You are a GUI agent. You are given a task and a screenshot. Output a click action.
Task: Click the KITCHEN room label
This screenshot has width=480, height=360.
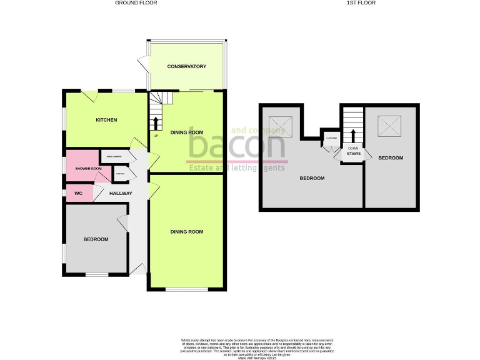(x=106, y=120)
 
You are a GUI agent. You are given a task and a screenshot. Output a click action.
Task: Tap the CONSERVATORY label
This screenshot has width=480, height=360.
(x=186, y=66)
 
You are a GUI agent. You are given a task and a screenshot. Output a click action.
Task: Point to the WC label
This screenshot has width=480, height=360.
(x=79, y=194)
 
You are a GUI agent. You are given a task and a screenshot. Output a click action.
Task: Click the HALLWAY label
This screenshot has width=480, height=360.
(x=121, y=194)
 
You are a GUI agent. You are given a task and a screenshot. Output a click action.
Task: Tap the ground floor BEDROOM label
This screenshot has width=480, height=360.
(x=96, y=239)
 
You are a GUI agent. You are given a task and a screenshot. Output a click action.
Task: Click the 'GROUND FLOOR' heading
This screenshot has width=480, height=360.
(x=136, y=3)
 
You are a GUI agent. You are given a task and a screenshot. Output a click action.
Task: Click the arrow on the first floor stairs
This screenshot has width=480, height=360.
(x=353, y=136)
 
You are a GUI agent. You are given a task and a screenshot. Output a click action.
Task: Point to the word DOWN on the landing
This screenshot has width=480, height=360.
(x=353, y=147)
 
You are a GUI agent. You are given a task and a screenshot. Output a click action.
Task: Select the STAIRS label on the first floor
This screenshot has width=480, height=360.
(x=353, y=153)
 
